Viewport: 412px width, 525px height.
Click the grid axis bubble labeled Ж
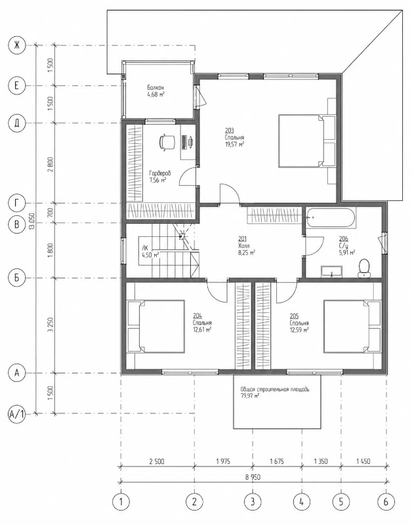click(x=17, y=45)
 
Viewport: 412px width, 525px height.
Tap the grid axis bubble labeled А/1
click(x=17, y=414)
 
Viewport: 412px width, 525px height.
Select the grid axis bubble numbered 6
click(x=386, y=501)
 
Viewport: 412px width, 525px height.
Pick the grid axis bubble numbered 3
click(x=253, y=501)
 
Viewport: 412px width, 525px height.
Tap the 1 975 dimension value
click(x=223, y=461)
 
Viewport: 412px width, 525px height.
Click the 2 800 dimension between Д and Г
click(x=51, y=164)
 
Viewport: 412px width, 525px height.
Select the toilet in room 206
click(x=364, y=268)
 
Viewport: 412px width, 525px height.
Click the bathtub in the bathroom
click(x=331, y=218)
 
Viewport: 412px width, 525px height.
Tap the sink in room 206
click(x=331, y=272)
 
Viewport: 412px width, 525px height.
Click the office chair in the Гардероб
click(x=167, y=142)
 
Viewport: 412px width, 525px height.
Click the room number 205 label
click(x=295, y=316)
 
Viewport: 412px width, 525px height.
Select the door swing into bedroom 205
click(x=287, y=291)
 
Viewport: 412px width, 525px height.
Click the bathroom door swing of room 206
click(x=314, y=246)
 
